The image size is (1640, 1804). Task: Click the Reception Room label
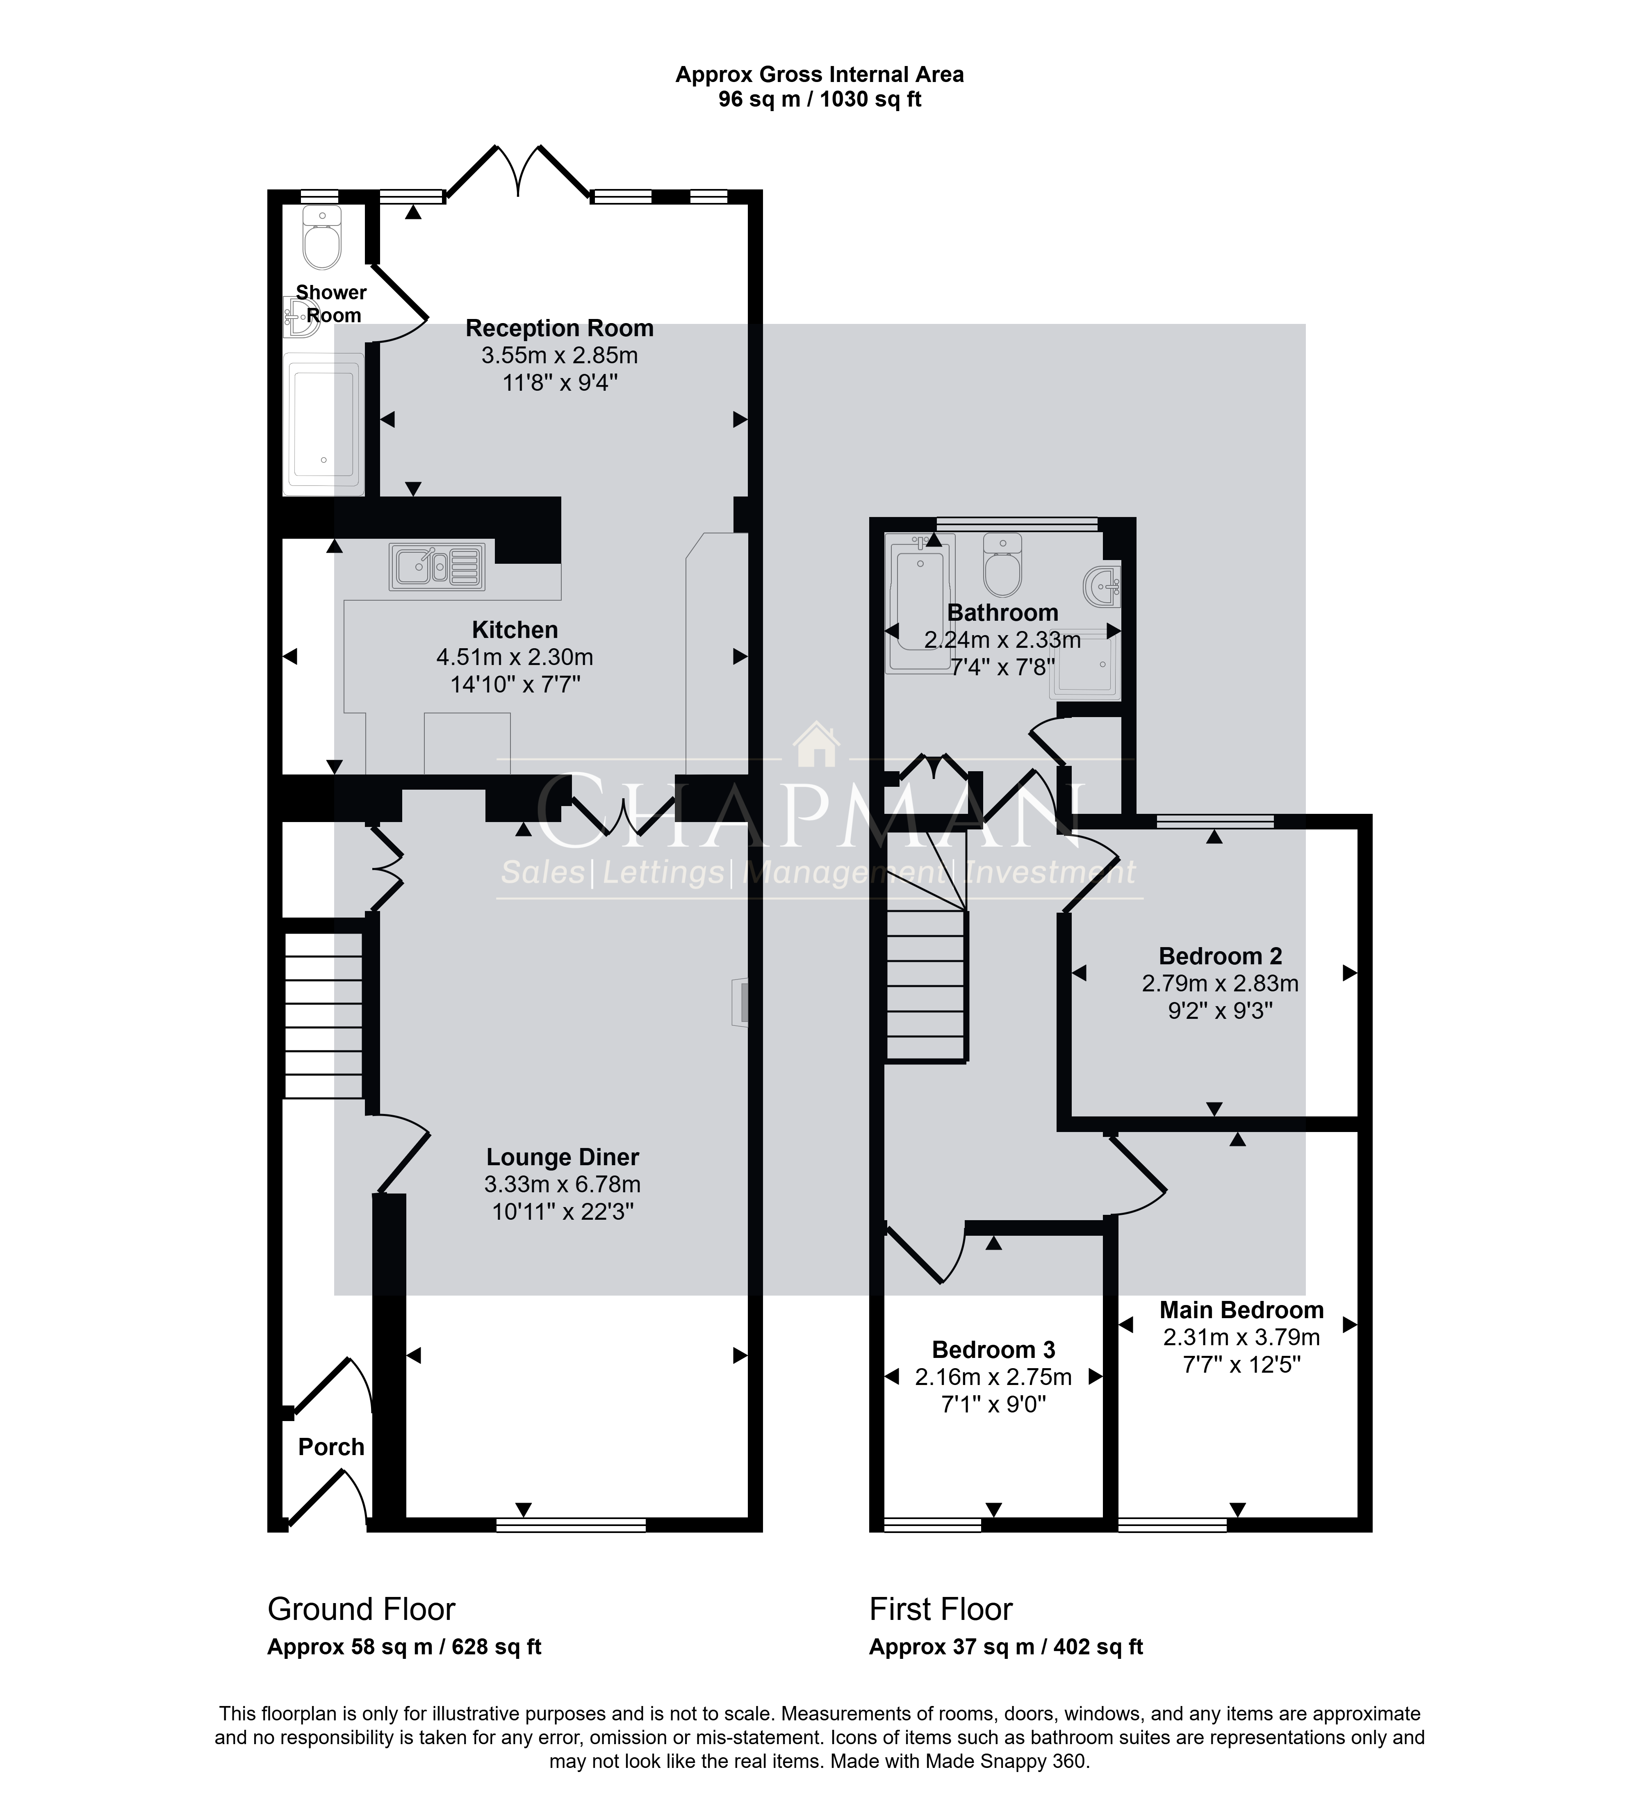[x=559, y=328]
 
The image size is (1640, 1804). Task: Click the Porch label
[x=331, y=1447]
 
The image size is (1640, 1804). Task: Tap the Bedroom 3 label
[x=993, y=1349]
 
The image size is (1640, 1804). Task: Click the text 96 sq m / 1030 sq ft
[x=820, y=99]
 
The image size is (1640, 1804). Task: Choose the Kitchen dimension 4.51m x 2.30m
[x=515, y=657]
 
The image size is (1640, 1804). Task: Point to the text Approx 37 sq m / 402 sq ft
[x=1006, y=1647]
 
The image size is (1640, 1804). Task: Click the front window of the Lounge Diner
[x=571, y=1525]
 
